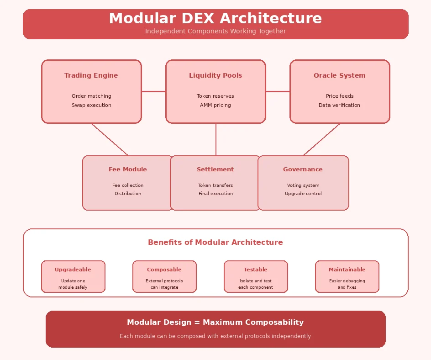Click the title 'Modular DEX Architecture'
click(x=215, y=19)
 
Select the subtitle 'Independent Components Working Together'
click(x=215, y=32)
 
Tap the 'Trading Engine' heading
click(x=91, y=76)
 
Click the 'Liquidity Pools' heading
click(x=215, y=76)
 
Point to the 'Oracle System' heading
click(x=339, y=76)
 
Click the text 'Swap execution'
click(x=91, y=105)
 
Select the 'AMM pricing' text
click(x=215, y=105)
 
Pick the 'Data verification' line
click(x=339, y=105)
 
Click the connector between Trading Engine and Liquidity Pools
click(x=153, y=91)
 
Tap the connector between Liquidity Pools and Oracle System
click(x=278, y=91)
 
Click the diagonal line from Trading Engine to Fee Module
click(x=110, y=139)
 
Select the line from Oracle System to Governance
click(x=321, y=139)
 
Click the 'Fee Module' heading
click(x=128, y=169)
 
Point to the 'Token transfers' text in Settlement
click(x=215, y=185)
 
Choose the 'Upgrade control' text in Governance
click(x=303, y=194)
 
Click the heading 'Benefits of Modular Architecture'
click(x=215, y=243)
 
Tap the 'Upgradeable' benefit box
click(x=73, y=276)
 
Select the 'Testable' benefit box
click(x=256, y=276)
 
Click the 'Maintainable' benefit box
click(x=347, y=276)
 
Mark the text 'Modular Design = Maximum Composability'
click(x=215, y=323)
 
